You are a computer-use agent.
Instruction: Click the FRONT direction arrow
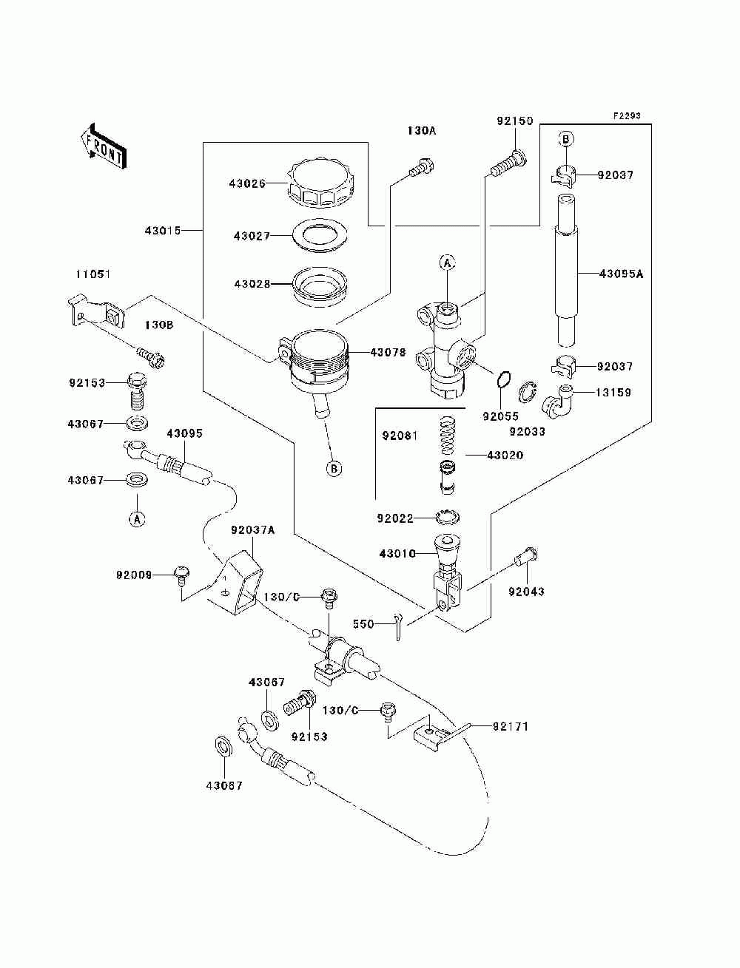[104, 146]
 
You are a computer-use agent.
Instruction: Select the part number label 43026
[247, 183]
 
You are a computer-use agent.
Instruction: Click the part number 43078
[388, 352]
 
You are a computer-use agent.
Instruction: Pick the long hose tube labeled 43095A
[566, 270]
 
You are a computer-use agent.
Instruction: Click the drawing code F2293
[627, 116]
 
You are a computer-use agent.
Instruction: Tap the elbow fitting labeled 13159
[557, 400]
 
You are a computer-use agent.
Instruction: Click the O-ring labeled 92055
[503, 379]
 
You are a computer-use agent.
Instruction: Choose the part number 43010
[397, 553]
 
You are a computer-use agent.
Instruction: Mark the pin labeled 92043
[525, 557]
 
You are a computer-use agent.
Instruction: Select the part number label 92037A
[252, 529]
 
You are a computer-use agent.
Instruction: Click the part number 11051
[93, 274]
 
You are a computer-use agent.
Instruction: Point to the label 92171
[511, 726]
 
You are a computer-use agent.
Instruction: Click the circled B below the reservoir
[334, 468]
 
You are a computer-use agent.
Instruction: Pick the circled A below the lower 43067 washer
[137, 520]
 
